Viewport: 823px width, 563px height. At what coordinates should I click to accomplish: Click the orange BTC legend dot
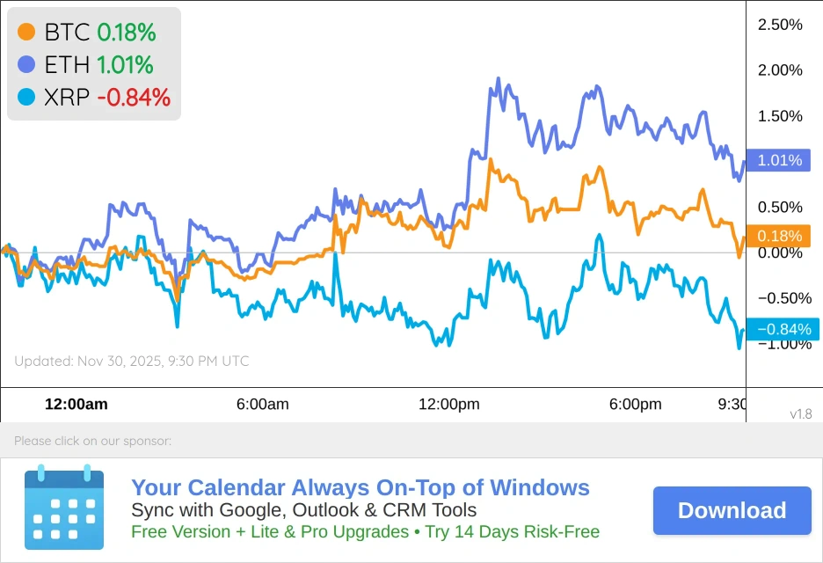pos(27,33)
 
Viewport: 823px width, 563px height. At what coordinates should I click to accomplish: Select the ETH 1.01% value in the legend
pos(125,65)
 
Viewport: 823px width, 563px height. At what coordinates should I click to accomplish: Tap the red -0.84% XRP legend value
pos(134,97)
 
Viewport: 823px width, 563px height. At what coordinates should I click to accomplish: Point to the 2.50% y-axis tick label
pos(780,25)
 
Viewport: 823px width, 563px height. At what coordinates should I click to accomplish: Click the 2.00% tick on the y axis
pos(780,70)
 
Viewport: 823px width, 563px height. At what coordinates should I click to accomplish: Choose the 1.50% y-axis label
pos(780,116)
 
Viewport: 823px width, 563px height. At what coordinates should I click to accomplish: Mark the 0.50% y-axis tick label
pos(780,208)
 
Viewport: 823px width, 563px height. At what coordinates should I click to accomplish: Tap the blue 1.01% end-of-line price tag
pos(778,160)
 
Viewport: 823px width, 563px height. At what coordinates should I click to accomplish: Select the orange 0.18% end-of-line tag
pos(778,236)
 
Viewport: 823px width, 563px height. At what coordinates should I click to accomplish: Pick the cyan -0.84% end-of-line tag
pos(782,329)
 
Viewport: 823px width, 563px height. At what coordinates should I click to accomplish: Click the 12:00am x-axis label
pos(76,405)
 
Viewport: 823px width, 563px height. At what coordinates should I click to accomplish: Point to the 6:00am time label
pos(262,405)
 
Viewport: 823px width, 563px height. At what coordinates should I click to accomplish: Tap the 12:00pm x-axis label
pos(448,405)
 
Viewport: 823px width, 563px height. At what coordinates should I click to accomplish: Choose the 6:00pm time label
pos(635,405)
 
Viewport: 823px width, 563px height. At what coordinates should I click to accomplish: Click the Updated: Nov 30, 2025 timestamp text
pos(132,361)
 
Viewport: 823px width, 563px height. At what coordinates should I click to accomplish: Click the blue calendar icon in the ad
pos(63,509)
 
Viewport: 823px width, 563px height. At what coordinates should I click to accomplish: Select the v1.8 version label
pos(800,413)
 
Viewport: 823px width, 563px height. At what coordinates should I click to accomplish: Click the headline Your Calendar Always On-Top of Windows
pos(361,488)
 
